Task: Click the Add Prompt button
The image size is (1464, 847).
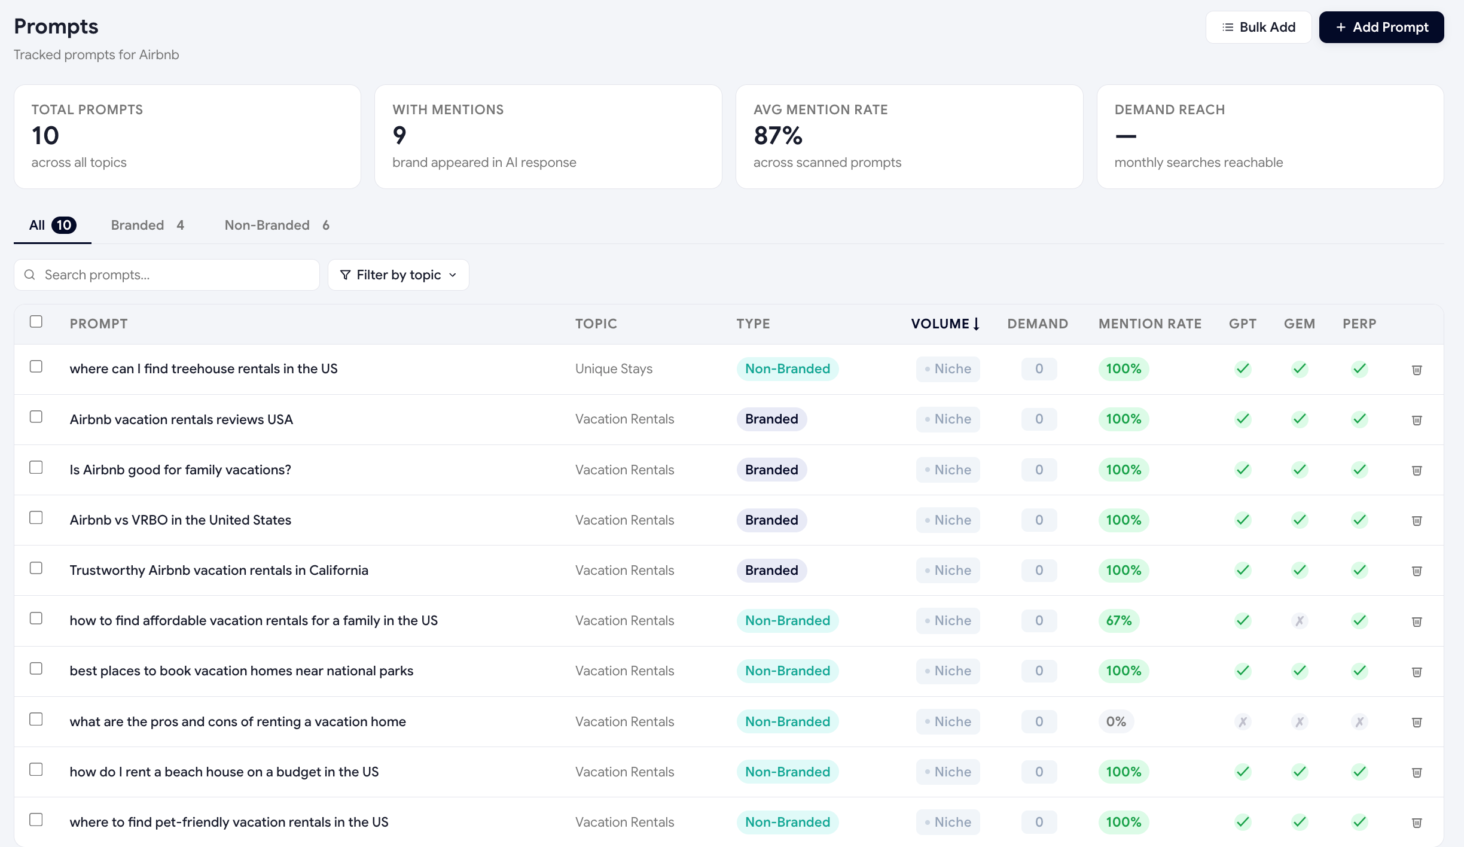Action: pos(1381,27)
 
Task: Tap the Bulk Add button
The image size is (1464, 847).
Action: pos(1258,27)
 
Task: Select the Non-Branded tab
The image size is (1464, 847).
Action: pos(277,225)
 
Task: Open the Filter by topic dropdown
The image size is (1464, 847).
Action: pos(398,275)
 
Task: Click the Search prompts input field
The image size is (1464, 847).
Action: pos(167,275)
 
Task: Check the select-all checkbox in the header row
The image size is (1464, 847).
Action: pos(36,322)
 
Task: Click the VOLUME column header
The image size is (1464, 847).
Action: pos(945,324)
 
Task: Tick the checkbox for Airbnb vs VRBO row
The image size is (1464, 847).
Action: pos(36,517)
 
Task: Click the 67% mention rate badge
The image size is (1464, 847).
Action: pos(1118,620)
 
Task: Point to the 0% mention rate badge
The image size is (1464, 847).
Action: pos(1116,721)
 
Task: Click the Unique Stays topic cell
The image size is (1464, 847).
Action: pos(614,368)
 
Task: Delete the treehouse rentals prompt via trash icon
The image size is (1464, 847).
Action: pos(1417,370)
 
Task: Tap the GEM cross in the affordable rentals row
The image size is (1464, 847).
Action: pos(1300,621)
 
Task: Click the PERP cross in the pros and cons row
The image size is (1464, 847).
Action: pos(1359,722)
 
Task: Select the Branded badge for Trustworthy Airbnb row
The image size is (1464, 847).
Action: pos(771,570)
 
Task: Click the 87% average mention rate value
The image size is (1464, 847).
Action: pos(778,136)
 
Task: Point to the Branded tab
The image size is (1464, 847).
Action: pos(148,225)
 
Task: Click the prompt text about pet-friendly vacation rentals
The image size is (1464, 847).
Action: pos(229,822)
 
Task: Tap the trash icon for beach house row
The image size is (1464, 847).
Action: pos(1417,772)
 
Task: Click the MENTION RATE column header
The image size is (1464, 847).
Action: pos(1149,324)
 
